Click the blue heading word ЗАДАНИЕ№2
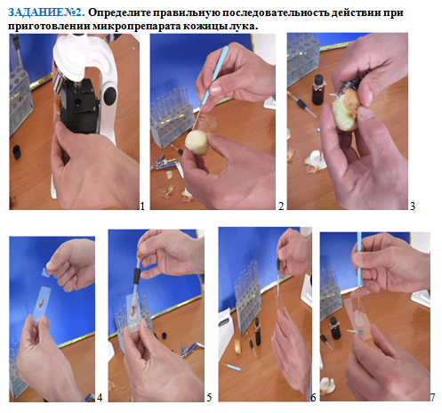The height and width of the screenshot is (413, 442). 46,12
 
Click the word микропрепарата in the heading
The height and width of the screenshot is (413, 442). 136,26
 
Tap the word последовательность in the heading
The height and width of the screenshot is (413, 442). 275,12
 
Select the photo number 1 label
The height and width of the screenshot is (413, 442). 142,206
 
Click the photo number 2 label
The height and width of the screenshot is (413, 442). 281,206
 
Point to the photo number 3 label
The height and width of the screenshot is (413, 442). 413,206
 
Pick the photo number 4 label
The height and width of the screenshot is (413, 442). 100,397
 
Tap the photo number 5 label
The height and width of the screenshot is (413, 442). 209,397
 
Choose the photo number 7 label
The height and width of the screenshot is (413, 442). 432,397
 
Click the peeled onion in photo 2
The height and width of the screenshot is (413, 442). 197,142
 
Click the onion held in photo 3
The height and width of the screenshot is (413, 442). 346,109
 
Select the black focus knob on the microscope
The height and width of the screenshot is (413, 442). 110,93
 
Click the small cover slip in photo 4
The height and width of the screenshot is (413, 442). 45,272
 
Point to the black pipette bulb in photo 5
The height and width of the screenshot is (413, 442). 137,275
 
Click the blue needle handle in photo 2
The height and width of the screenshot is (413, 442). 215,75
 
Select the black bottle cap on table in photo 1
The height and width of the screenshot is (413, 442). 17,152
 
